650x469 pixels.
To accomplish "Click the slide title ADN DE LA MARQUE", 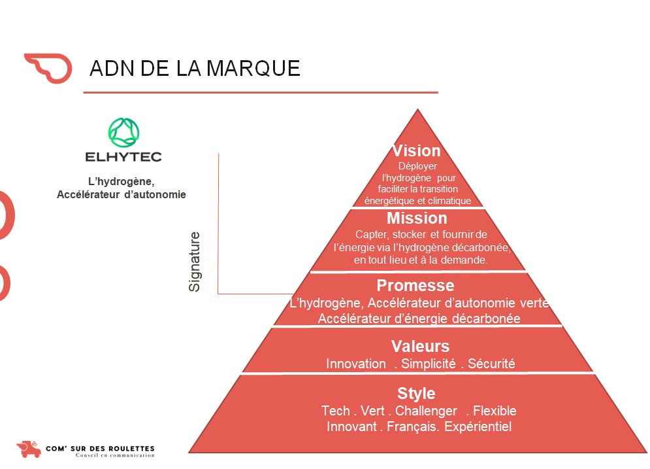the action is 195,68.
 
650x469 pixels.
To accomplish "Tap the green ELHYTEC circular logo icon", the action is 124,133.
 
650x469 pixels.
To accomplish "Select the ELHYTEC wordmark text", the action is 123,157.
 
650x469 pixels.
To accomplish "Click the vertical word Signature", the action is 195,261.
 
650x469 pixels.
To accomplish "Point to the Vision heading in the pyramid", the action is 416,151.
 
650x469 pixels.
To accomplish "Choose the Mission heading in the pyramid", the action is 417,218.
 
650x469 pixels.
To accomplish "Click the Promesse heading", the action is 415,286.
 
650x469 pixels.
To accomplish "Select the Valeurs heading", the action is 420,346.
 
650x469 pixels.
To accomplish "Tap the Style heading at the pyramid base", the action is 416,393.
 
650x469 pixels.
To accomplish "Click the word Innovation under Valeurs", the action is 356,364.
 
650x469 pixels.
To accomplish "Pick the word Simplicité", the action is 429,364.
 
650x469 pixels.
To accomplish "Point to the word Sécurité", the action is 491,364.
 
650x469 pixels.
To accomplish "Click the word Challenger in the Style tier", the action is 426,411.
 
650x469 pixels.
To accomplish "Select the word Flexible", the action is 495,411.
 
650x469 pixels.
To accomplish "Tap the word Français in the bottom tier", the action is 412,426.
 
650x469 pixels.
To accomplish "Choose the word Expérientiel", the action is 478,426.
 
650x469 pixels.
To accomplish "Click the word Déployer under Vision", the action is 417,167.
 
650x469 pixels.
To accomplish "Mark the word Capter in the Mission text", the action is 370,234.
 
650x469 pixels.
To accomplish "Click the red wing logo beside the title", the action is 48,67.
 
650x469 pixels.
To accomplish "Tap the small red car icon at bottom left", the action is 28,449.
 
